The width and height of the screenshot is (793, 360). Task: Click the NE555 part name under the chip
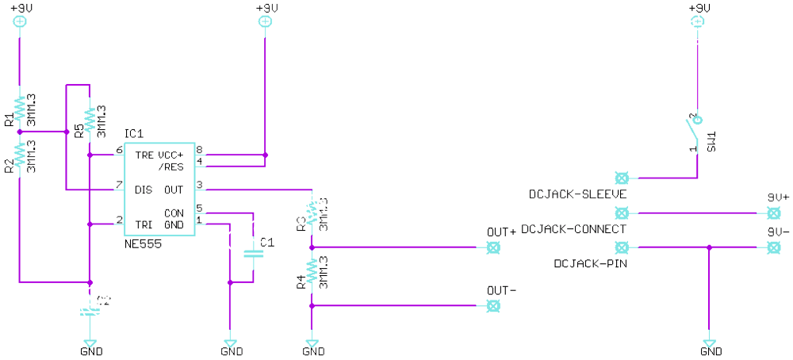(x=143, y=244)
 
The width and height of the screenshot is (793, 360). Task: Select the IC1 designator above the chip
(x=134, y=133)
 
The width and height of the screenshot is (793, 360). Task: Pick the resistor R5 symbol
(x=90, y=121)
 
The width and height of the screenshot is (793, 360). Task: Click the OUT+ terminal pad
(x=494, y=247)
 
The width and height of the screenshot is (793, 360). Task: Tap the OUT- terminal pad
(x=494, y=305)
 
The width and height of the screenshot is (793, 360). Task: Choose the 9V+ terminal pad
(x=772, y=213)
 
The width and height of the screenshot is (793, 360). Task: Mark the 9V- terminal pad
(x=772, y=247)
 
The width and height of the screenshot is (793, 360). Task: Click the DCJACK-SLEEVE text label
(x=578, y=194)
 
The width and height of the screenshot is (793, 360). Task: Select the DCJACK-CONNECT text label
(x=575, y=228)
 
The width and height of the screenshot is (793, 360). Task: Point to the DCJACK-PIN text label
(x=591, y=262)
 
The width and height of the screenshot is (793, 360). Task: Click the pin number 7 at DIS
(x=119, y=186)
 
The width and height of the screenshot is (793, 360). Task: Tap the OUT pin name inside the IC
(x=174, y=190)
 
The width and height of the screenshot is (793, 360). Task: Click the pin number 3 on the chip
(x=199, y=186)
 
